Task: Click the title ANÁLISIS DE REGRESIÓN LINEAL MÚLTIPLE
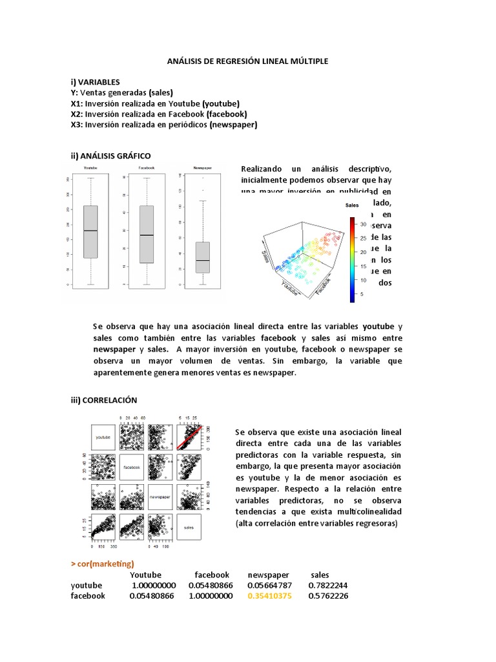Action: coord(248,61)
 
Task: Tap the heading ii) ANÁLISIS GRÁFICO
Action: coord(111,156)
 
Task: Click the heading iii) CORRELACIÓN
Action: coord(105,400)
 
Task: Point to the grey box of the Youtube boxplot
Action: coord(90,232)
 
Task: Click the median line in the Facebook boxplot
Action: coord(147,235)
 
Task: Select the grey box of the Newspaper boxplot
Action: coord(203,257)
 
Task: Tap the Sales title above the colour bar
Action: coord(352,206)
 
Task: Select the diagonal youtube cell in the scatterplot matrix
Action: coord(103,438)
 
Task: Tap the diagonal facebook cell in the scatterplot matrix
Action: coord(132,467)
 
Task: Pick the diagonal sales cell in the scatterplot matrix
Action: coord(189,527)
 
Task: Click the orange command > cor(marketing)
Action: coord(103,564)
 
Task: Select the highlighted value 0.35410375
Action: coord(269,595)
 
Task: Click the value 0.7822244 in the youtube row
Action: coord(329,585)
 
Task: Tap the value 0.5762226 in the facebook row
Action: coord(329,595)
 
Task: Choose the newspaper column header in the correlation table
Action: coord(268,574)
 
